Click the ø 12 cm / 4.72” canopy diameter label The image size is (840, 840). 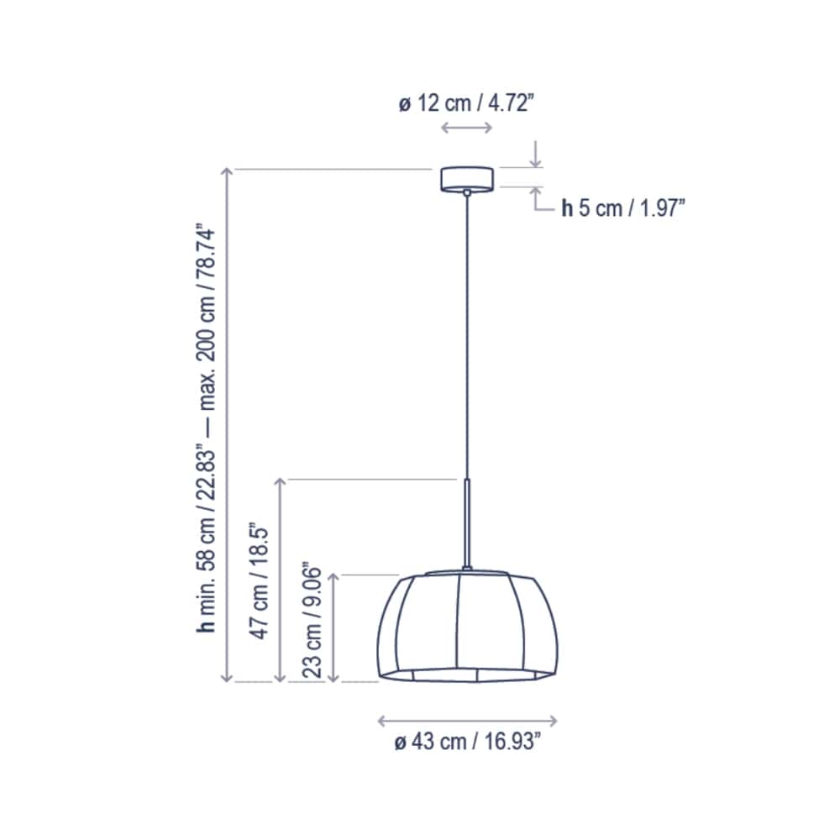point(466,104)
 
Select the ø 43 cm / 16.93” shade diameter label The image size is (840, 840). point(468,743)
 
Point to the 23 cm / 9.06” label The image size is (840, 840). point(312,621)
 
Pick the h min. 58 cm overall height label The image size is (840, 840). point(207,428)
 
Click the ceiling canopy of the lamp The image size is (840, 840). point(467,179)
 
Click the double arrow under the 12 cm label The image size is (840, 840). point(467,128)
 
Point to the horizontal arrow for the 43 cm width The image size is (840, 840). point(468,720)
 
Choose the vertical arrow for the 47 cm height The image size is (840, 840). point(281,580)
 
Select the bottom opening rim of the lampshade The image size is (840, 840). point(467,675)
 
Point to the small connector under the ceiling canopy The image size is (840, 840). point(467,193)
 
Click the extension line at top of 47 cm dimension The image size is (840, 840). point(370,479)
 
